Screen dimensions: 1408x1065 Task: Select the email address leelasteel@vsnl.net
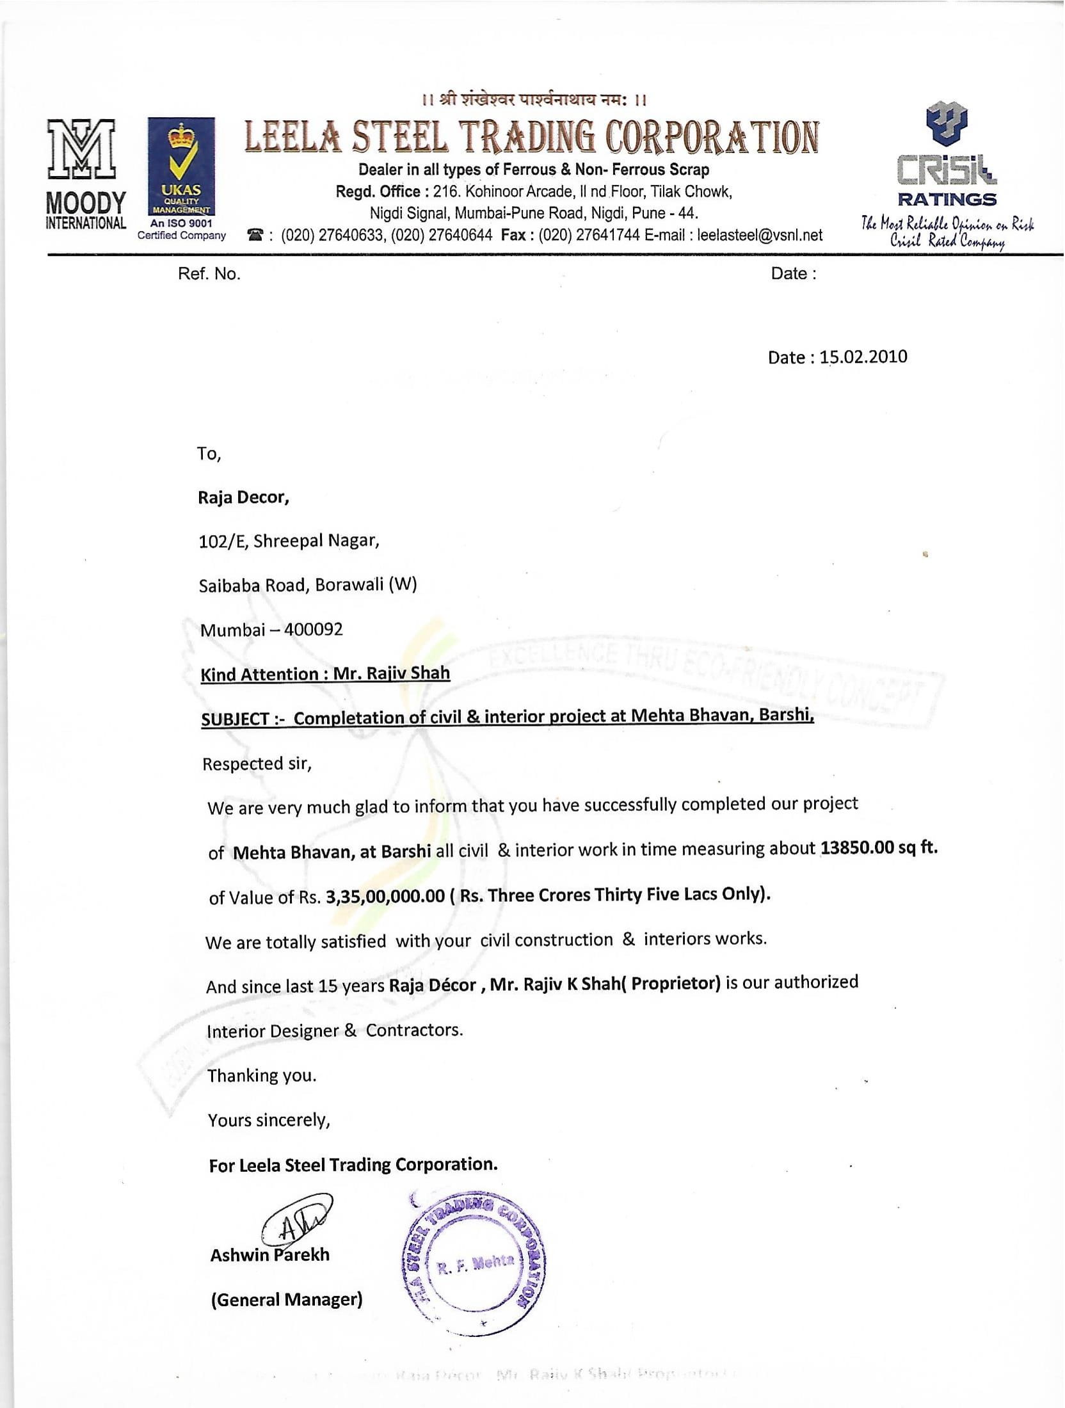tap(760, 235)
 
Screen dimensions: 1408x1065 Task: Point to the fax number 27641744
tap(608, 235)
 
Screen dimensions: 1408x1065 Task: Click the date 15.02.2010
tap(863, 356)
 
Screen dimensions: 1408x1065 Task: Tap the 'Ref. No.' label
tap(209, 274)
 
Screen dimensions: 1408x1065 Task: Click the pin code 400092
tap(314, 628)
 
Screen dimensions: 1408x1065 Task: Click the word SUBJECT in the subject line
tap(235, 719)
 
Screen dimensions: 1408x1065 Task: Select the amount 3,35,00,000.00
tap(385, 895)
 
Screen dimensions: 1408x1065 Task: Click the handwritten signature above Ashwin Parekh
tap(296, 1223)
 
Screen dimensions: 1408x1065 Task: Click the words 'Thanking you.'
tap(262, 1075)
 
